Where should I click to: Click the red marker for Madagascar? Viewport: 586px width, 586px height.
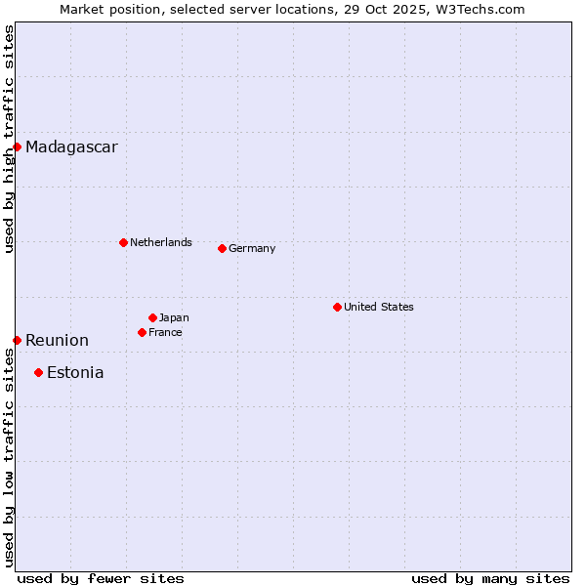(x=17, y=146)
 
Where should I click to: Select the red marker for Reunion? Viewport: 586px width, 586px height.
(x=17, y=340)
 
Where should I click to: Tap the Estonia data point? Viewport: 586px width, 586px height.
(x=38, y=372)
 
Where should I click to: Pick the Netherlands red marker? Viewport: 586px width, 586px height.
(x=123, y=242)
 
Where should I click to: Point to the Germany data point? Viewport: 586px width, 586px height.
(x=222, y=248)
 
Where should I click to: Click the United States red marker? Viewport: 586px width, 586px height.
(x=337, y=307)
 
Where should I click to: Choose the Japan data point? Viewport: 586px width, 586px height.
(x=152, y=317)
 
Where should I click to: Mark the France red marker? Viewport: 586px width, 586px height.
(x=142, y=332)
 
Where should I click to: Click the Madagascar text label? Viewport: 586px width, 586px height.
(x=71, y=147)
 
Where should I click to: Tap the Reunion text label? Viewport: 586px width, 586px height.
(x=57, y=341)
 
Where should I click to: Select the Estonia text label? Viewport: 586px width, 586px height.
(x=75, y=373)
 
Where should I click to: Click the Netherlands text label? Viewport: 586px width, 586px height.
(x=161, y=242)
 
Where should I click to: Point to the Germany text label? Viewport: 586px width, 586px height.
(x=252, y=248)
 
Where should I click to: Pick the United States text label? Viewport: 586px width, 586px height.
(x=379, y=307)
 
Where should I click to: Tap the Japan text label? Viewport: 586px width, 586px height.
(x=174, y=317)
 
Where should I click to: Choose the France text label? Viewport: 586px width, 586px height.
(x=165, y=332)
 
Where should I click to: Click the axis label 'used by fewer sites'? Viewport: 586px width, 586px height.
(x=101, y=578)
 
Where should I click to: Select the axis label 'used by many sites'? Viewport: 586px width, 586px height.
(x=490, y=578)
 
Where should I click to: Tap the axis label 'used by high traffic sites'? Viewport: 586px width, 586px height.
(x=9, y=139)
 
